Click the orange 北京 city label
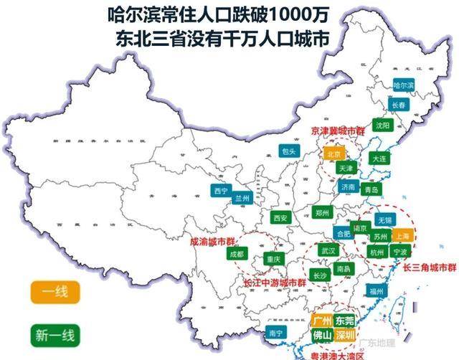pos(333,154)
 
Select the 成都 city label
pos(236,254)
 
